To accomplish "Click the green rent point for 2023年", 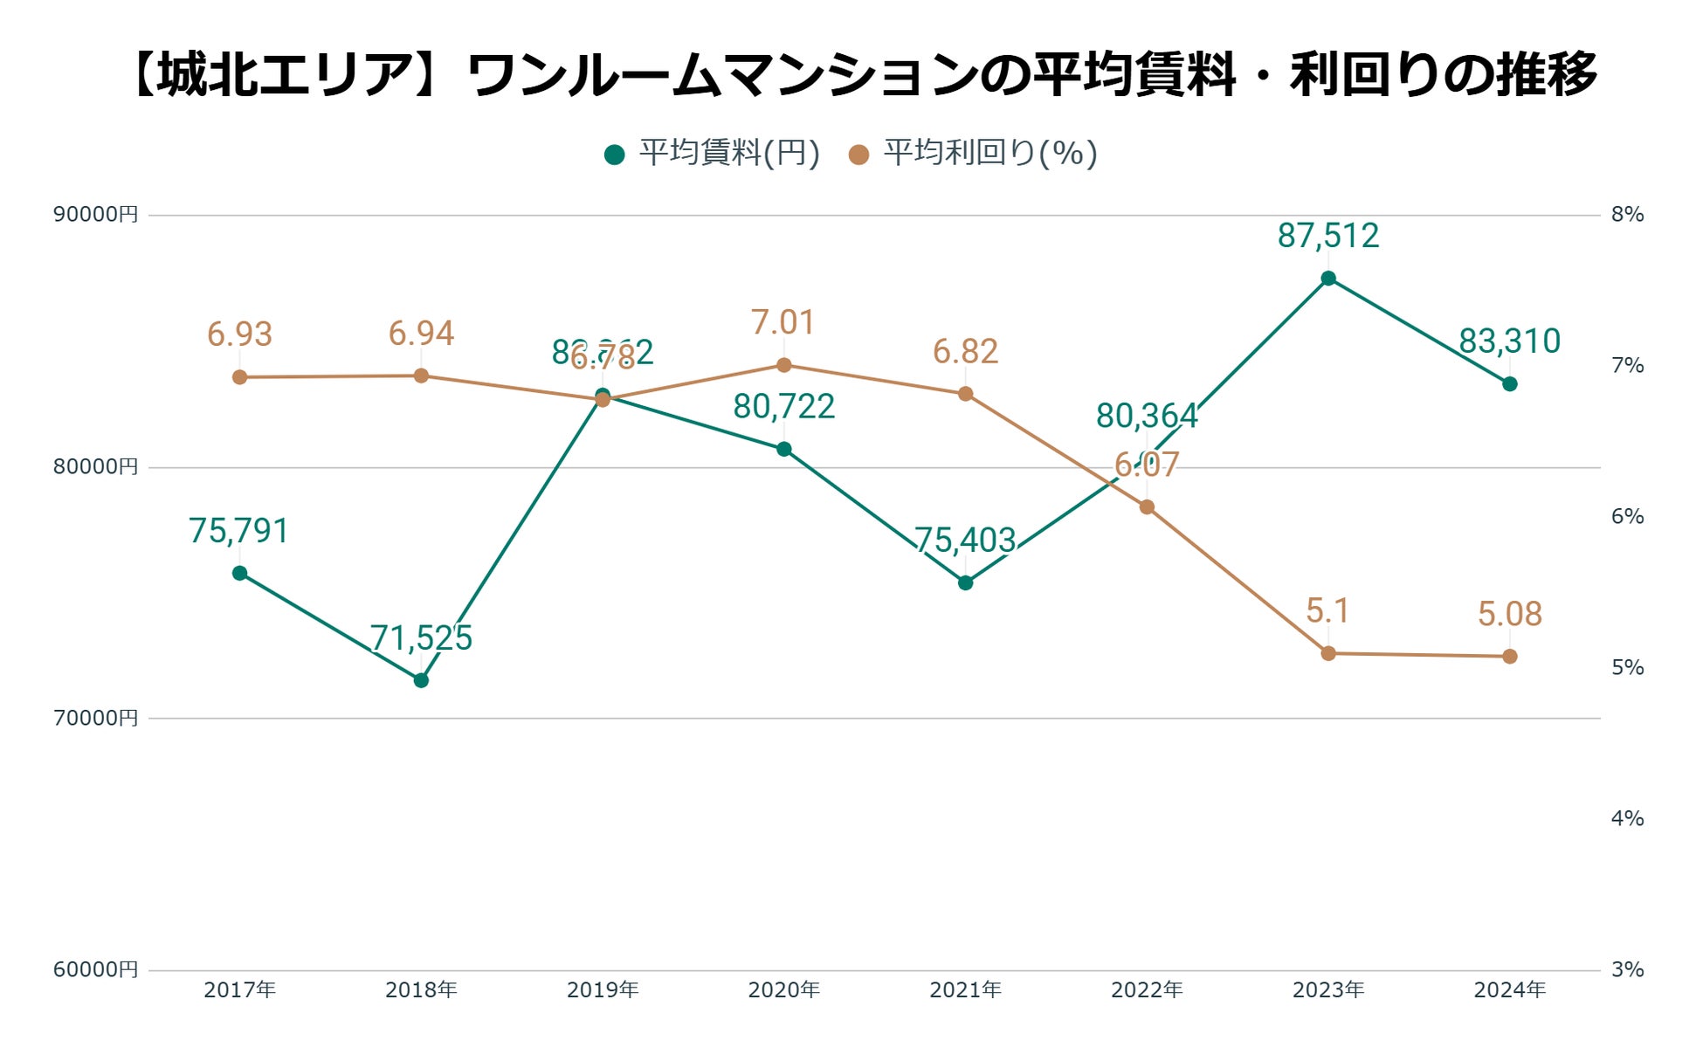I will [1327, 279].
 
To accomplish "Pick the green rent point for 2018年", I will [421, 679].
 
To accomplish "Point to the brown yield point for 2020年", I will [783, 365].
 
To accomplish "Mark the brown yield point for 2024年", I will [1509, 656].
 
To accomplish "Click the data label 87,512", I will [1327, 236].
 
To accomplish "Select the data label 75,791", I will [238, 531].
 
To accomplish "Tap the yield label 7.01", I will [783, 323].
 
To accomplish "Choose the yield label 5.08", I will [1509, 614].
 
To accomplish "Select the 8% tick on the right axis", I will [1627, 215].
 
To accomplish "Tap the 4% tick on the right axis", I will [1627, 818].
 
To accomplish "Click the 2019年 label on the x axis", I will [603, 990].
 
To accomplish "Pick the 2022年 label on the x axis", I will [1147, 990].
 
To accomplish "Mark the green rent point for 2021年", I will [965, 582].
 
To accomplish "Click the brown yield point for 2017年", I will [239, 377].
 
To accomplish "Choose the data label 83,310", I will [1509, 341].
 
